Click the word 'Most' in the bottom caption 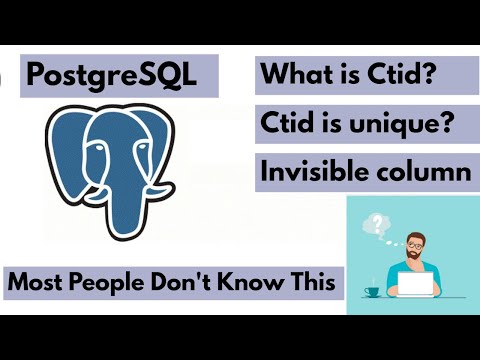tap(37, 282)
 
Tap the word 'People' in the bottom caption tap(107, 282)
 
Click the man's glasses tap(416, 244)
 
